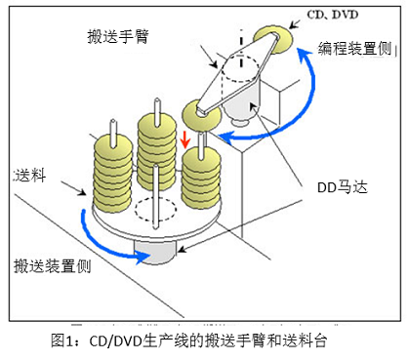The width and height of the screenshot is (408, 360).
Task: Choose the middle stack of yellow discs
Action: point(156,146)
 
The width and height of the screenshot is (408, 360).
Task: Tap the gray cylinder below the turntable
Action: point(155,251)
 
